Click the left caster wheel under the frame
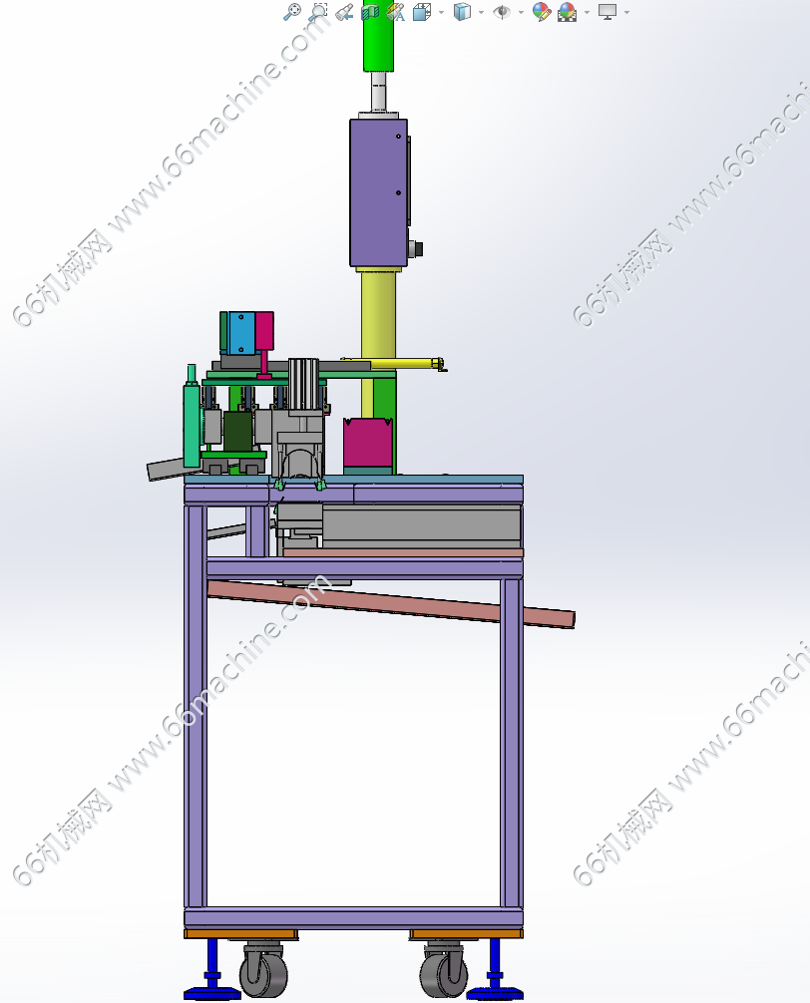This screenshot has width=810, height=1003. (x=263, y=972)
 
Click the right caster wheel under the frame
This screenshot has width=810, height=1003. (x=443, y=972)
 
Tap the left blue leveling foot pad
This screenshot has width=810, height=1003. (x=211, y=993)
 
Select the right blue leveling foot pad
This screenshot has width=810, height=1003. (x=495, y=993)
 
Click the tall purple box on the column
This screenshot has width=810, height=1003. (x=378, y=192)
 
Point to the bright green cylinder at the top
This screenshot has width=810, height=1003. (x=378, y=36)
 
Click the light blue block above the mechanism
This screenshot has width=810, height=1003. (x=241, y=333)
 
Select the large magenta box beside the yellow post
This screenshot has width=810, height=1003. (x=368, y=444)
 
